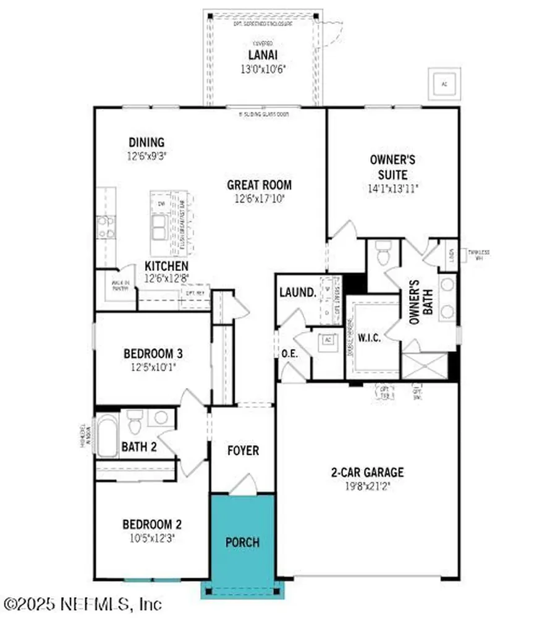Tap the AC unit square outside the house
pos(444,83)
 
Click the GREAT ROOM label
pos(259,185)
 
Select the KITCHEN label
pos(167,266)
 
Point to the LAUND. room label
pos(298,292)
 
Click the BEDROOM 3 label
pos(153,354)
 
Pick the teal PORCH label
pos(242,543)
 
